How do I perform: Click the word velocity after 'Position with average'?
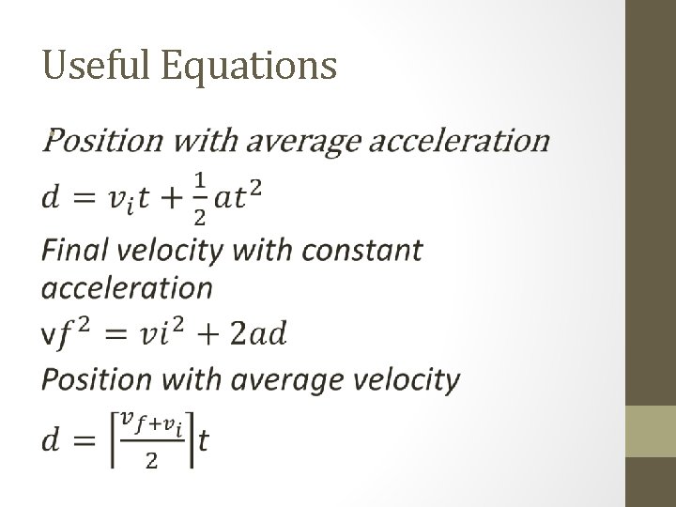[405, 380]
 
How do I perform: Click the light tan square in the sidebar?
[651, 430]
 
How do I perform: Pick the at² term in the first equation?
[239, 198]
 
